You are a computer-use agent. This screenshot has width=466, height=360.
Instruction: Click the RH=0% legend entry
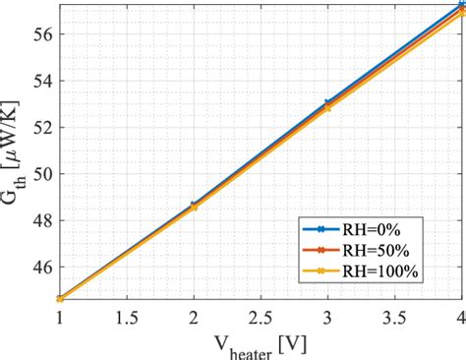pos(363,230)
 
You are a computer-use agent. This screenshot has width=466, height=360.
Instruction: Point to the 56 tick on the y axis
pos(42,33)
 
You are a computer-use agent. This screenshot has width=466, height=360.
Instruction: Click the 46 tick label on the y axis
pos(42,267)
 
